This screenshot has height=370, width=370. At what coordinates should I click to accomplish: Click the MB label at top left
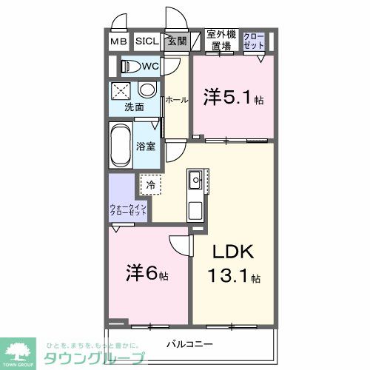point(119,42)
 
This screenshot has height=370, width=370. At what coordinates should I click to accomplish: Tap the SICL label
point(145,42)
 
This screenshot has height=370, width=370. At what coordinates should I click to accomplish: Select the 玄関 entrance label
point(176,42)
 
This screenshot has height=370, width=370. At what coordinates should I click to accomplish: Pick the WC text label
point(150,67)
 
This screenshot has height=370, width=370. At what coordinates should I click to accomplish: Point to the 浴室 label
point(146,146)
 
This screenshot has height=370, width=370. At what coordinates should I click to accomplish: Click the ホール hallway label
point(176,99)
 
